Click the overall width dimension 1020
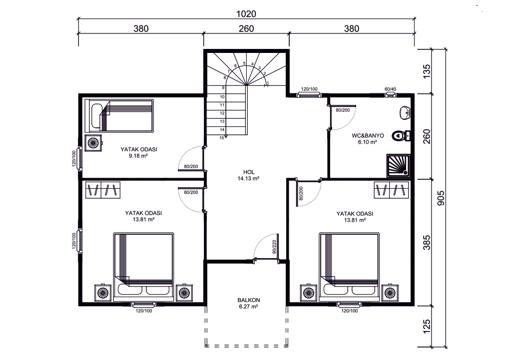246,13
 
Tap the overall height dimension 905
441,198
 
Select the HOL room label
249,172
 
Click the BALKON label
249,300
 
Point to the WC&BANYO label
368,136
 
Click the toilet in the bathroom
401,136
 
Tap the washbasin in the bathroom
405,113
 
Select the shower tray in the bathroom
399,166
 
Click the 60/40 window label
390,89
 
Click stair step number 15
222,138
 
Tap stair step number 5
244,63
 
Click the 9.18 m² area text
139,156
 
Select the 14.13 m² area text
249,178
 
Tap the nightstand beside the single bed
93,143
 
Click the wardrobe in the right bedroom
391,190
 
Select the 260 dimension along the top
246,28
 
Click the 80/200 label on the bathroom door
343,110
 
